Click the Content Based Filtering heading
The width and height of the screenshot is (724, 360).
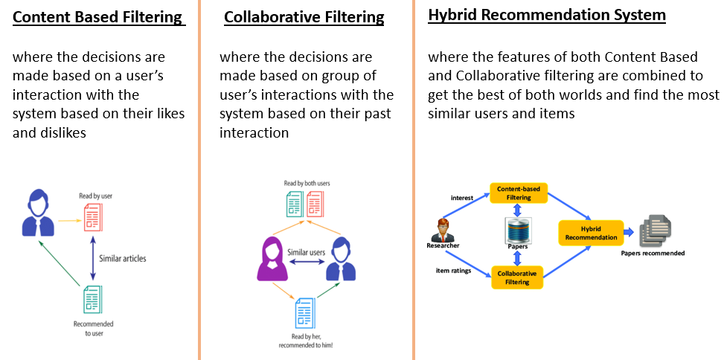click(97, 16)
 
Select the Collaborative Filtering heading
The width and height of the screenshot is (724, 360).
click(304, 16)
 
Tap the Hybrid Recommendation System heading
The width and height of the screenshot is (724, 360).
click(547, 14)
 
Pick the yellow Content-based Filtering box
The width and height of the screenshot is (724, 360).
click(519, 193)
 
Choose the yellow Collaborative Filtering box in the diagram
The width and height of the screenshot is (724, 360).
click(518, 277)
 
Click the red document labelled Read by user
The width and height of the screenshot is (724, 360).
click(93, 216)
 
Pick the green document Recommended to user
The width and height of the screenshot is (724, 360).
click(93, 300)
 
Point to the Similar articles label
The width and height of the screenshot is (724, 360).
click(123, 258)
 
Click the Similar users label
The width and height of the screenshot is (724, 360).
click(307, 253)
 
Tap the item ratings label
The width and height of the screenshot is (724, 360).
click(453, 270)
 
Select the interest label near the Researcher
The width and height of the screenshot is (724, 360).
click(462, 197)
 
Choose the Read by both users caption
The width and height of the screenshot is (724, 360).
click(307, 183)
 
